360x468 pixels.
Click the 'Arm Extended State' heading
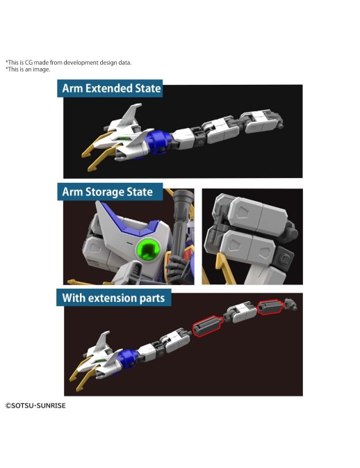pos(111,88)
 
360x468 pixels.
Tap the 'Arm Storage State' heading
pos(107,192)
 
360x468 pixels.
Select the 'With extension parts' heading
pos(113,298)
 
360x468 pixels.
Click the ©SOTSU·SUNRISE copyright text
pos(35,405)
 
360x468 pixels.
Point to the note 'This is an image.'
pos(28,70)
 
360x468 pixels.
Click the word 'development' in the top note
pos(81,63)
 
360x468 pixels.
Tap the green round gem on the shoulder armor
pos(148,249)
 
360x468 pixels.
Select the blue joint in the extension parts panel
pos(128,357)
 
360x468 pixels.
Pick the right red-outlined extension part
pos(270,307)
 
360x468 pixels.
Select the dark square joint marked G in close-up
pos(284,259)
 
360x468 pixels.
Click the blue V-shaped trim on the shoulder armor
pos(129,221)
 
